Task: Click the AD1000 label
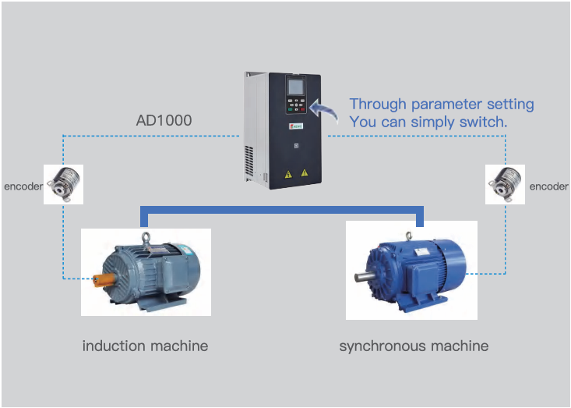[x=164, y=121]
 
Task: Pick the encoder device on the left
[x=62, y=185]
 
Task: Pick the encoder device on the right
[x=504, y=185]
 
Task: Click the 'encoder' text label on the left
[x=23, y=187]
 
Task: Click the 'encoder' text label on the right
[x=548, y=187]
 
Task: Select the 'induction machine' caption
[x=145, y=346]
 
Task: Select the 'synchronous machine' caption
[x=414, y=346]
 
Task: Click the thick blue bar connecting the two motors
[x=280, y=209]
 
